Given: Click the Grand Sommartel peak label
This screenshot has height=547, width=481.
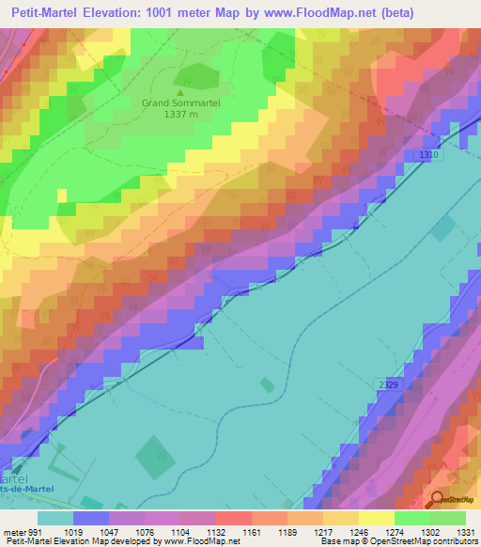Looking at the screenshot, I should pyautogui.click(x=180, y=102).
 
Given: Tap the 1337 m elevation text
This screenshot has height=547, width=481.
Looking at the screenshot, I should pyautogui.click(x=180, y=114).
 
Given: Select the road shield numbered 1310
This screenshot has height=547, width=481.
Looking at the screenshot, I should pyautogui.click(x=430, y=155).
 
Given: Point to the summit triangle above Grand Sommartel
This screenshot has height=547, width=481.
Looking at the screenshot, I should pyautogui.click(x=180, y=91).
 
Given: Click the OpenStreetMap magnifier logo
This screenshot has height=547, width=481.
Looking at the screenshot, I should pyautogui.click(x=439, y=499).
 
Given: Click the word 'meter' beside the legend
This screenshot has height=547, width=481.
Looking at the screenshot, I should pyautogui.click(x=14, y=531).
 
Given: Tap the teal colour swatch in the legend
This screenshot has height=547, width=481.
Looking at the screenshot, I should pyautogui.click(x=55, y=518).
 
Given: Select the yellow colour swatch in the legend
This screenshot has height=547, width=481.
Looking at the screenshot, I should pyautogui.click(x=376, y=518).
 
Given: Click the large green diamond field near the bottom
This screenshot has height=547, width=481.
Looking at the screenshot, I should pyautogui.click(x=156, y=457).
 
